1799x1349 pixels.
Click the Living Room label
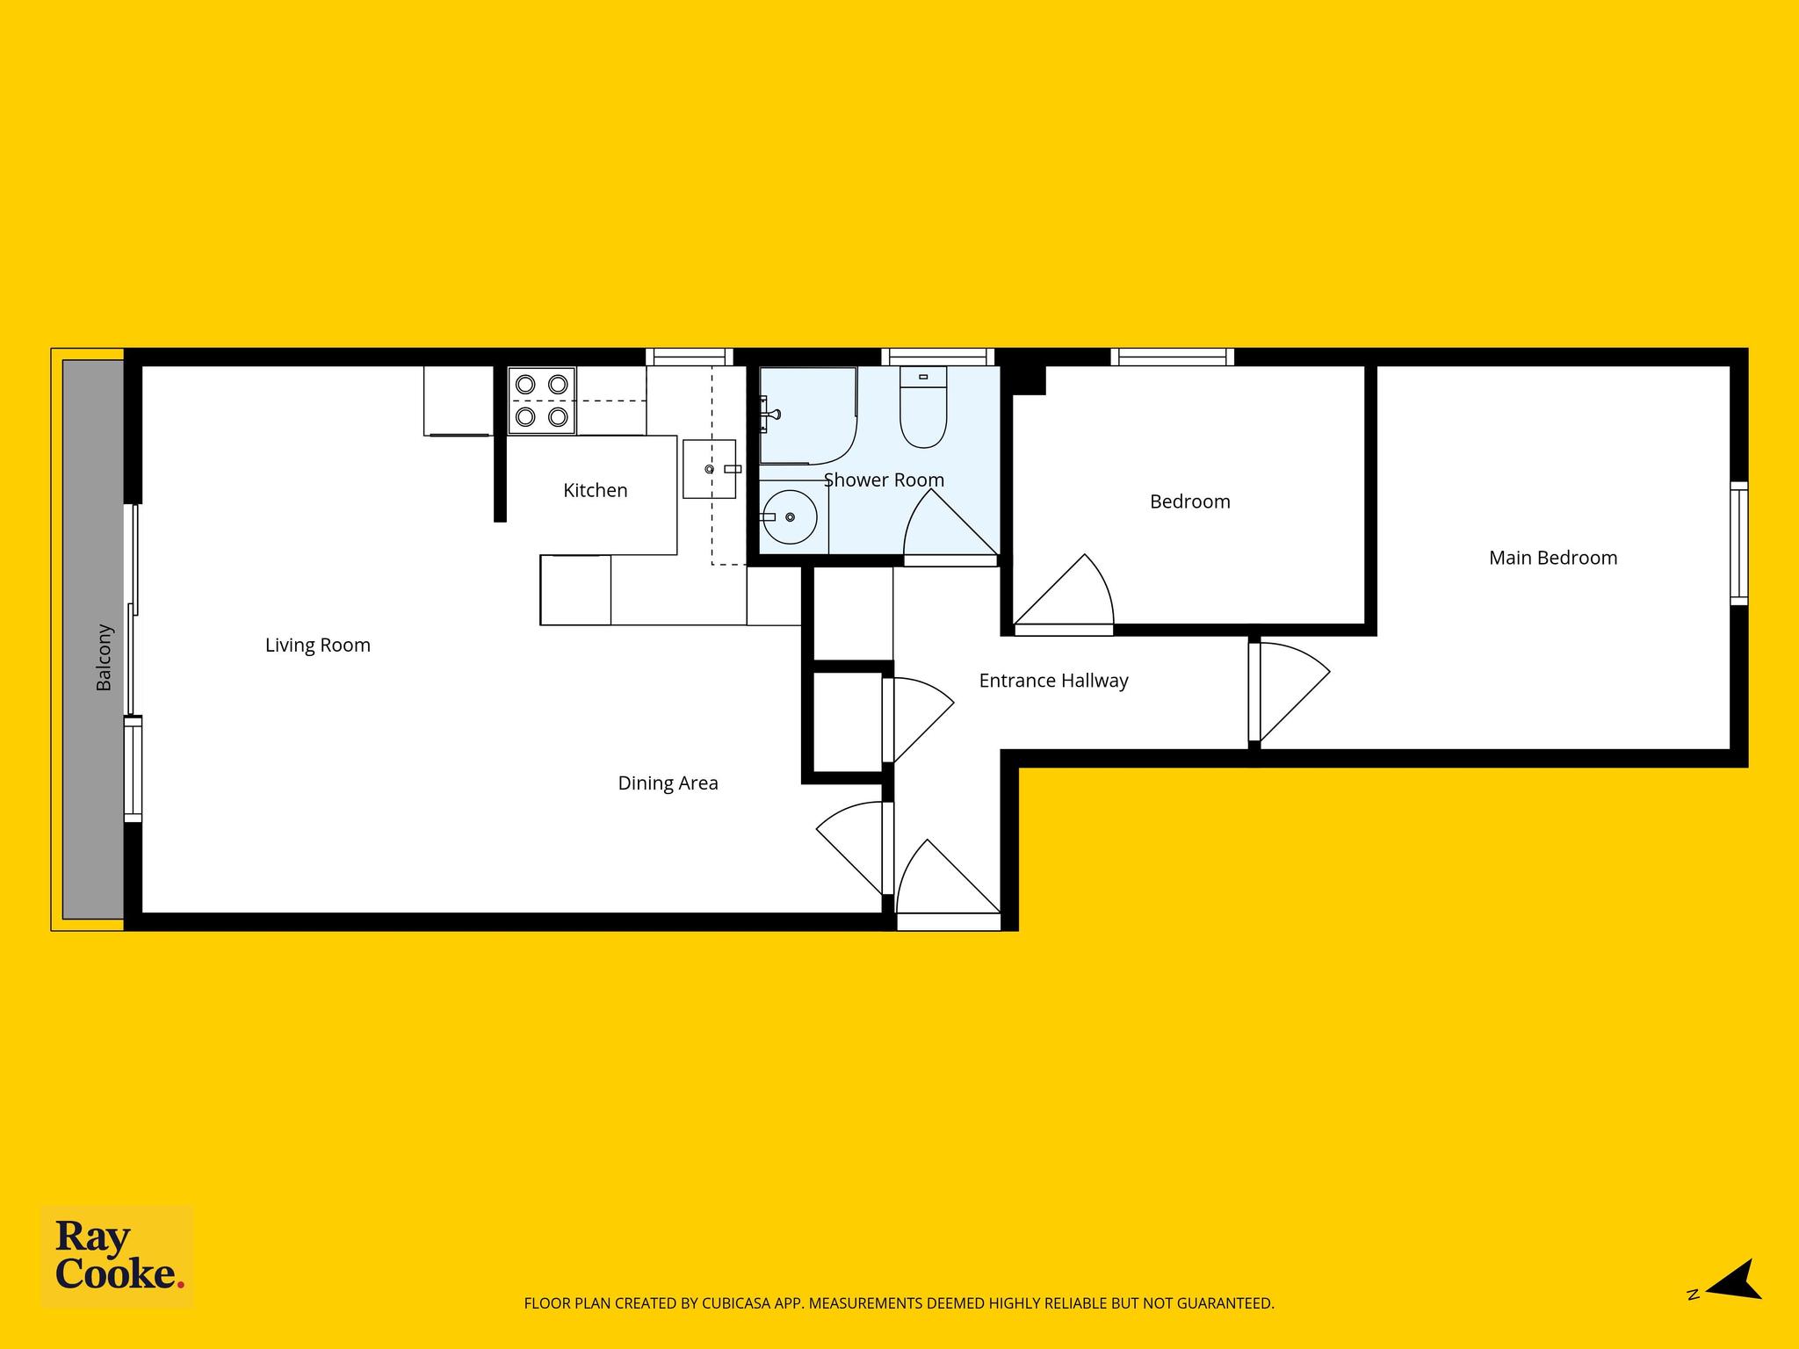pyautogui.click(x=318, y=646)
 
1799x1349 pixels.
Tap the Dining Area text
pyautogui.click(x=668, y=783)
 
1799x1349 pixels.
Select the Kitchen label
pyautogui.click(x=596, y=490)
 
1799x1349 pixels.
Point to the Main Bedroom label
pyautogui.click(x=1553, y=558)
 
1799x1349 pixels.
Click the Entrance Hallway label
pyautogui.click(x=1053, y=681)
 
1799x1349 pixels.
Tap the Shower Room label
pyautogui.click(x=884, y=480)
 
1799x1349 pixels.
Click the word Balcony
pyautogui.click(x=104, y=657)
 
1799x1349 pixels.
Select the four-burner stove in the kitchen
pyautogui.click(x=542, y=400)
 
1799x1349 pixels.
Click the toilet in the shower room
pyautogui.click(x=923, y=407)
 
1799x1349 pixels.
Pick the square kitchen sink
pyautogui.click(x=710, y=469)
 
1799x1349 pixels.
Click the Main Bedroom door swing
pyautogui.click(x=1290, y=692)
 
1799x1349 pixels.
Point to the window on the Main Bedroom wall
pyautogui.click(x=1738, y=544)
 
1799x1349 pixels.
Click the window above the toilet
pyautogui.click(x=938, y=357)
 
